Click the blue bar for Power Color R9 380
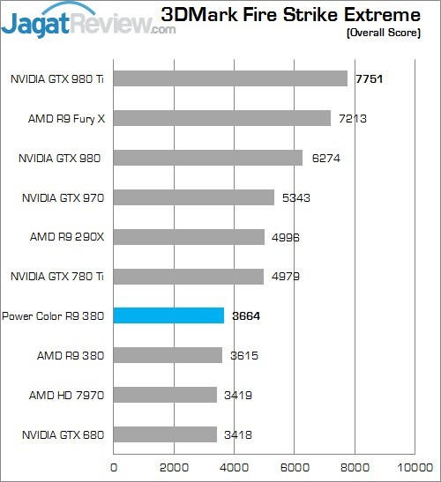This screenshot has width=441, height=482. pos(169,315)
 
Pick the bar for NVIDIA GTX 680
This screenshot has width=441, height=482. pos(166,434)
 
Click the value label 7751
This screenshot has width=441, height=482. pos(370,78)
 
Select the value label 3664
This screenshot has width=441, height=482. pos(245,315)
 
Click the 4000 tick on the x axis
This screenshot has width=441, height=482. pos(235,467)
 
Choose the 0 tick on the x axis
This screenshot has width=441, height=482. pos(114,467)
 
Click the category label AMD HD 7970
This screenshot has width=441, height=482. pos(67,394)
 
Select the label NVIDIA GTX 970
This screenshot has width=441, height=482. pos(62,197)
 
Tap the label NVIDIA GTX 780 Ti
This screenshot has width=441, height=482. pos(57,276)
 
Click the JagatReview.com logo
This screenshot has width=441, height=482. pos(88,19)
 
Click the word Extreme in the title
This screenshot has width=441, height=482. pos(392,15)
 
